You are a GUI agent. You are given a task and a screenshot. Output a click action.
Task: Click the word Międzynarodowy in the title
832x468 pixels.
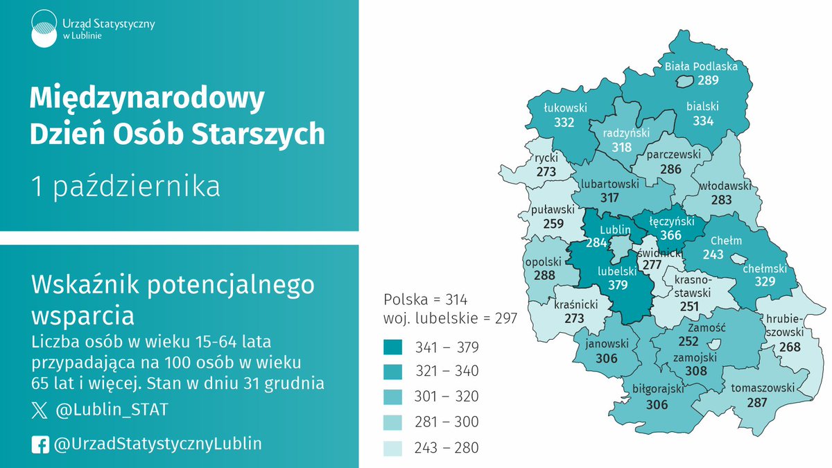point(147,99)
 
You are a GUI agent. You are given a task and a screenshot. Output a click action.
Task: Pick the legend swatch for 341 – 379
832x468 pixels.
point(393,347)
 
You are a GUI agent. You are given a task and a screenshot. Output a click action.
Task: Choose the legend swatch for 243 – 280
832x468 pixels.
point(393,448)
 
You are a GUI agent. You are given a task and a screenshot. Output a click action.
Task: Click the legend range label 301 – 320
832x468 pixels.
point(447,397)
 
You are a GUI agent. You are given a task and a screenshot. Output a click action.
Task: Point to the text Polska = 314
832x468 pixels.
point(426,300)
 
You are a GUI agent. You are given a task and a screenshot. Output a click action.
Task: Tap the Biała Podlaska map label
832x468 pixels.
point(700,67)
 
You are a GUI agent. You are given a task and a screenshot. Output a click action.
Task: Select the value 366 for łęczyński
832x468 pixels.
point(670,236)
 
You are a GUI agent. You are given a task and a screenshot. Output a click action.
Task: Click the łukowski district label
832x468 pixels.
point(565,108)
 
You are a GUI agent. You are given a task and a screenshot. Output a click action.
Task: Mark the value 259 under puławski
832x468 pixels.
point(553,224)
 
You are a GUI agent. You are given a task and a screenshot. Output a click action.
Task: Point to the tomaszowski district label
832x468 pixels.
point(763,388)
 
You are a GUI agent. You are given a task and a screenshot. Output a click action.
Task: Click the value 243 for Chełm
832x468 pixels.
point(713,254)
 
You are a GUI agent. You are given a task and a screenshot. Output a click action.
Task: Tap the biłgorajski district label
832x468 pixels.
point(655,390)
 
